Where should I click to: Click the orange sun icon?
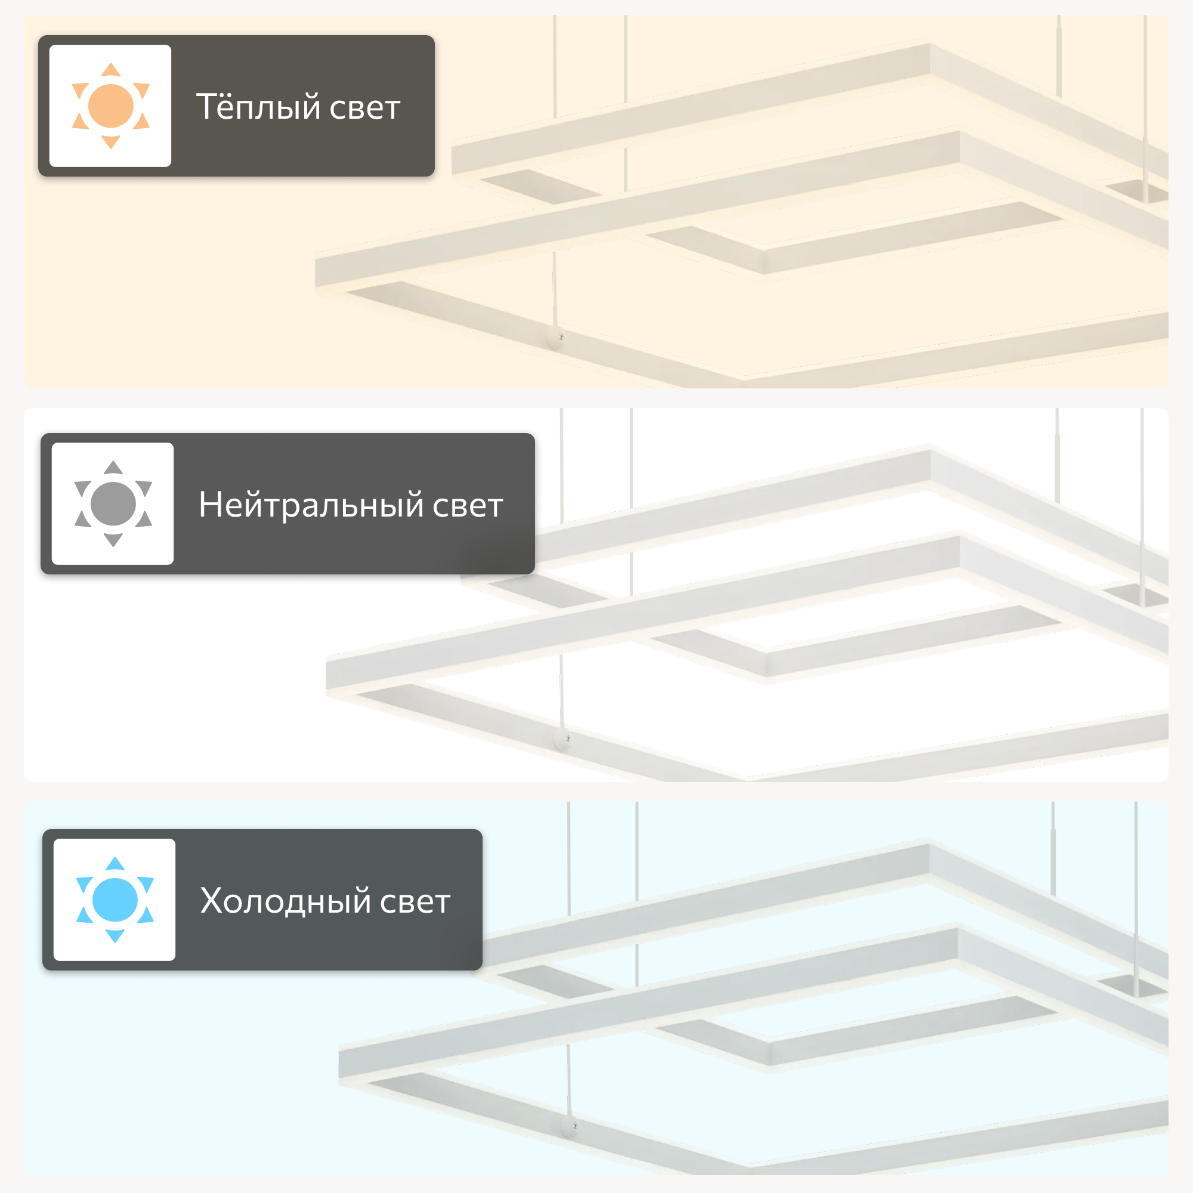[x=110, y=106]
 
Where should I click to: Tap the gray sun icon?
[x=113, y=504]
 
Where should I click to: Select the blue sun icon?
[x=115, y=900]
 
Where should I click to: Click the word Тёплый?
[x=259, y=106]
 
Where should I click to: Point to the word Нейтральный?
[x=311, y=505]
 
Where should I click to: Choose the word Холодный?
[x=285, y=901]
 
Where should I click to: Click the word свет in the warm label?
[x=365, y=109]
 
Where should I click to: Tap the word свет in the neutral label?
[x=468, y=506]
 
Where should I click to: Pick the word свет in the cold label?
[x=415, y=903]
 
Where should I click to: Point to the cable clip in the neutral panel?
[x=563, y=738]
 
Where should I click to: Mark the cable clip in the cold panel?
[x=570, y=1126]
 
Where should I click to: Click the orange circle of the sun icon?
[x=110, y=106]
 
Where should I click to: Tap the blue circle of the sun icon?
[x=115, y=900]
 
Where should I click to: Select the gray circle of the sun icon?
[x=113, y=504]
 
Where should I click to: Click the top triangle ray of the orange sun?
[x=110, y=69]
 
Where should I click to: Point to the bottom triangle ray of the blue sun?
[x=115, y=937]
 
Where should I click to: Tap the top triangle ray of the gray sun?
[x=113, y=467]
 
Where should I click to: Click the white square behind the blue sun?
[x=115, y=900]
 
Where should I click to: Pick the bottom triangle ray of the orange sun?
[x=110, y=143]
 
